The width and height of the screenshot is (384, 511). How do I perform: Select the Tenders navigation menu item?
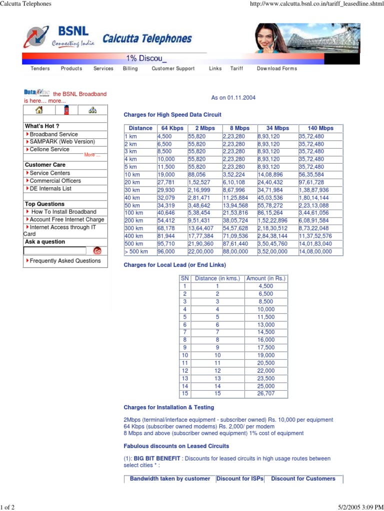click(40, 69)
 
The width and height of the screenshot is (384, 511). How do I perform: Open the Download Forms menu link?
click(276, 69)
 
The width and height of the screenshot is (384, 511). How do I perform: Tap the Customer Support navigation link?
click(173, 69)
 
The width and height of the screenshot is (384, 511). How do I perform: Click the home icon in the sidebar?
click(38, 110)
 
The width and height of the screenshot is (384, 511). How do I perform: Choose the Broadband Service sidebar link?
click(53, 134)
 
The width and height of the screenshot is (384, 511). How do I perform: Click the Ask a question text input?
click(54, 251)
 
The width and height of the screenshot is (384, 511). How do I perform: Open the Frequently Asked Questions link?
click(65, 261)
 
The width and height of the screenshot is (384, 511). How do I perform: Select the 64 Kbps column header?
click(172, 128)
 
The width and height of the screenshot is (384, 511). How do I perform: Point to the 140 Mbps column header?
click(320, 128)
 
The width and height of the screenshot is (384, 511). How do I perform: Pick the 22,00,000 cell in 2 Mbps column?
click(200, 252)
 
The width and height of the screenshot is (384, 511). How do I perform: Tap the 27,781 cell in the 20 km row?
click(166, 183)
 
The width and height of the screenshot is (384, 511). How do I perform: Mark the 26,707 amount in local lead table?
click(266, 394)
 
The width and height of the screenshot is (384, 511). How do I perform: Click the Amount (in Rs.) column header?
click(266, 278)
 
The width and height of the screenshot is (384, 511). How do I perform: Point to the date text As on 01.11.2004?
click(233, 98)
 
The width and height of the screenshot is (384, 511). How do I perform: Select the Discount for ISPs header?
click(239, 479)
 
